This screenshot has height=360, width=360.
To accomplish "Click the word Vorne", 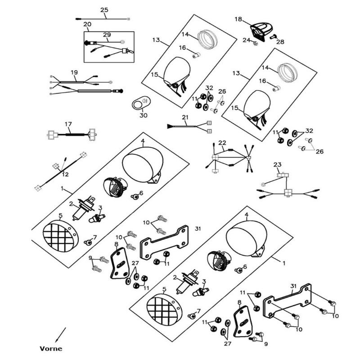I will click(x=50, y=348).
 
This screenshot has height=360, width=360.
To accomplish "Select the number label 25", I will click(x=104, y=10).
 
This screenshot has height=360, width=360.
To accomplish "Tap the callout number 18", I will click(x=238, y=19).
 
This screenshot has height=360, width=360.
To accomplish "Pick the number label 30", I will click(x=143, y=115).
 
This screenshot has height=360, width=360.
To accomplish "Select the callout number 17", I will click(x=68, y=124).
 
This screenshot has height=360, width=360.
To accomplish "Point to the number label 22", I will click(x=222, y=143).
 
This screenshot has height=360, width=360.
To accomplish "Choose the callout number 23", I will click(x=277, y=165).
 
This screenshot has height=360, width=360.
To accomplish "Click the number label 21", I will click(x=185, y=117).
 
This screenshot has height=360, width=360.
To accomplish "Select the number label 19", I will click(x=74, y=72).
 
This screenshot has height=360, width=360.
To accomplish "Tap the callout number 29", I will click(x=106, y=35).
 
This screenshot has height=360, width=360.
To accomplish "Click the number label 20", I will click(x=87, y=24).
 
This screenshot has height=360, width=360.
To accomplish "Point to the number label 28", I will click(x=280, y=42).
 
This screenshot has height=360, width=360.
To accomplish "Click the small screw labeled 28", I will click(x=272, y=36).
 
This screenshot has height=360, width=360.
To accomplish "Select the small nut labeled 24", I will click(x=255, y=43).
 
